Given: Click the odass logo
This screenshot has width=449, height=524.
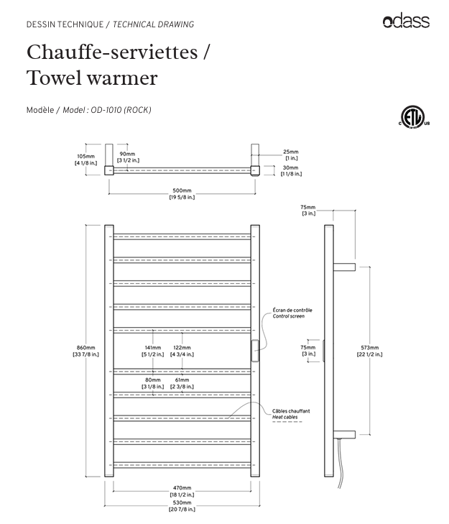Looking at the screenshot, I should (406, 22).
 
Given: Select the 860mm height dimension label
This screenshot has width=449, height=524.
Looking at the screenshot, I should (85, 351).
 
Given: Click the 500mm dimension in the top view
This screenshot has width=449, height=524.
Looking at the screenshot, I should (182, 193).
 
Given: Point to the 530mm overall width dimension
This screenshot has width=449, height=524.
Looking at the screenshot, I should (182, 506).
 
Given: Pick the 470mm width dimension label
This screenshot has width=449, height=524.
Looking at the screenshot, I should (182, 491).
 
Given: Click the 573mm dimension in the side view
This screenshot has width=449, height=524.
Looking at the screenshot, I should (371, 351).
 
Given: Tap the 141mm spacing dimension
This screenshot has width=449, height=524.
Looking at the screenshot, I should (153, 351).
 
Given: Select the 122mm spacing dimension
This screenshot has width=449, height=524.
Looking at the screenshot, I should (182, 351).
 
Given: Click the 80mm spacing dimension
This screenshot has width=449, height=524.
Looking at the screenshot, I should (153, 383).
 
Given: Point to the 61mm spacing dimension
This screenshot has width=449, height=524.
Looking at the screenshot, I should (182, 383).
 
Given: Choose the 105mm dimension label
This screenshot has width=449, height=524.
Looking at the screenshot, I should (85, 160).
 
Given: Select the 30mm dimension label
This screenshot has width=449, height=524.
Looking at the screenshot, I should (291, 170).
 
